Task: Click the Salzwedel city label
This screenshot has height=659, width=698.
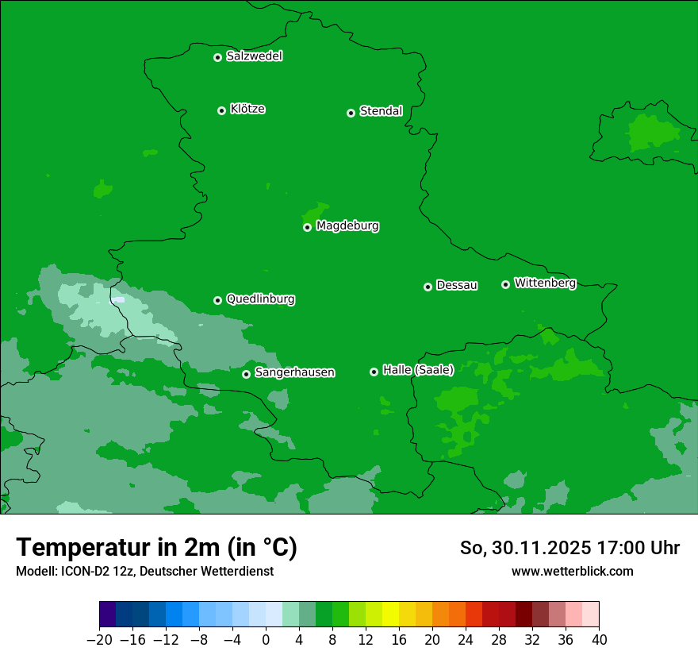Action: point(254,56)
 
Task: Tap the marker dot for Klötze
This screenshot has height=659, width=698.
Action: point(221,110)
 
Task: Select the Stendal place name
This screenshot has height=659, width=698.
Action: point(381,111)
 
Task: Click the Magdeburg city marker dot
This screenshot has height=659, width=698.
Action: point(307,227)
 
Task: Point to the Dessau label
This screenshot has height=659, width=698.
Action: point(457,285)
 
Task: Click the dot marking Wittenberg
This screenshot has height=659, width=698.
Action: point(505,284)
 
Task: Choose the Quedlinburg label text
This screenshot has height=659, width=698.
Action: point(260,299)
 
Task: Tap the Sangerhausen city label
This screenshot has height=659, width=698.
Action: point(294,372)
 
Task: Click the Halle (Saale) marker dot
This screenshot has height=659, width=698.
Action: point(374,372)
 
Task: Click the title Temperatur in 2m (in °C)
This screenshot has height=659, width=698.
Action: point(156,548)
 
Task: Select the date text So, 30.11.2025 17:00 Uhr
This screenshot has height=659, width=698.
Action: point(570,548)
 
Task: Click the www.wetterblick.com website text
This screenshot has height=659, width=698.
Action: point(572,571)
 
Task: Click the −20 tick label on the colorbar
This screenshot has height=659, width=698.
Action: point(99,640)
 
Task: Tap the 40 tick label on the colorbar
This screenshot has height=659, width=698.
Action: point(599,640)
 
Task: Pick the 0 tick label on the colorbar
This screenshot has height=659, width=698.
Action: point(266,640)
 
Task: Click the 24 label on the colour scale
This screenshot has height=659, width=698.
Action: point(466,640)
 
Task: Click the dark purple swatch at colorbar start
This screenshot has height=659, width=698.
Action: point(108,615)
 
